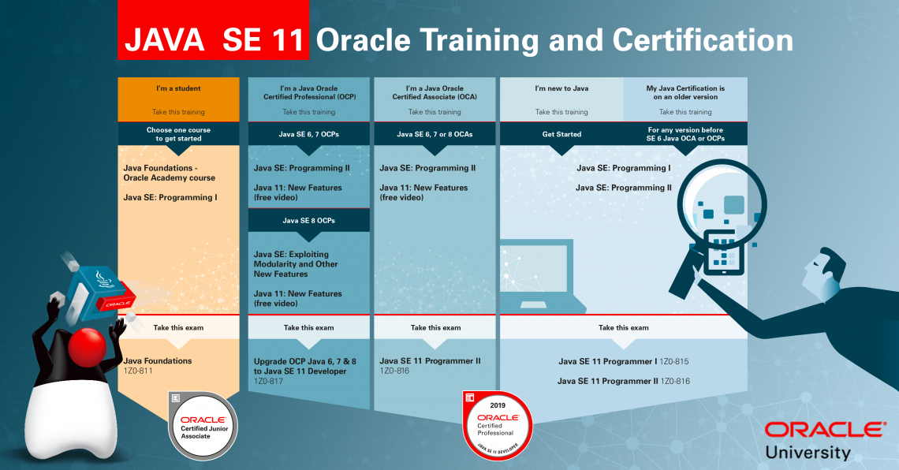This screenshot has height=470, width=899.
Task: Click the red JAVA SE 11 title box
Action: click(213, 30)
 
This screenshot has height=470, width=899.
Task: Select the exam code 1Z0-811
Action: click(138, 371)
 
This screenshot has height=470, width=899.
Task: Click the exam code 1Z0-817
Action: click(268, 381)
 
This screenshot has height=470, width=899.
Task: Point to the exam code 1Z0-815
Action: click(674, 362)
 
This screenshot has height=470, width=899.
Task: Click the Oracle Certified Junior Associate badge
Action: click(203, 426)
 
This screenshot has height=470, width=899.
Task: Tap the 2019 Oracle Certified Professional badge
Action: click(497, 426)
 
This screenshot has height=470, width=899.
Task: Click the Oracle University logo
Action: click(824, 440)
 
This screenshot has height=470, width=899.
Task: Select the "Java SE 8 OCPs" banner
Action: click(308, 221)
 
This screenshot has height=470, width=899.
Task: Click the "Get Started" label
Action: click(561, 134)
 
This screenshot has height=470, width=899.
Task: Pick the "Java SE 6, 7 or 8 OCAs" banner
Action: click(435, 134)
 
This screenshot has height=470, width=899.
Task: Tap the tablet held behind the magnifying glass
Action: click(724, 252)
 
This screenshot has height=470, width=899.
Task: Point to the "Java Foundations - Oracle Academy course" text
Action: click(169, 173)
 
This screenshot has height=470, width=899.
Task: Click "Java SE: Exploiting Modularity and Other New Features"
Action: click(296, 264)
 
